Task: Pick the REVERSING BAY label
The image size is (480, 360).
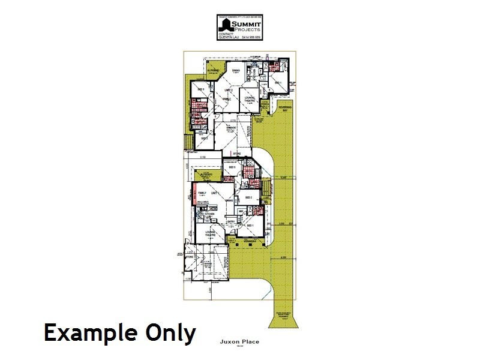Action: (284, 109)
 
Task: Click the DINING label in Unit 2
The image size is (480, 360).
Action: (236, 70)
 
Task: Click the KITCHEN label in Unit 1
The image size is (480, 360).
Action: (210, 213)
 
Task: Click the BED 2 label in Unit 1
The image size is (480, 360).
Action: (248, 197)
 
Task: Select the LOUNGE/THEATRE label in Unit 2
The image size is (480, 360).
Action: (250, 99)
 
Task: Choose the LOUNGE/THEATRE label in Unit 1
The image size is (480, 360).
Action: (211, 235)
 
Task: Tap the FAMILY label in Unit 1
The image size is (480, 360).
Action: (202, 193)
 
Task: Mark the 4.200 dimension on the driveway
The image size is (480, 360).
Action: (283, 257)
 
